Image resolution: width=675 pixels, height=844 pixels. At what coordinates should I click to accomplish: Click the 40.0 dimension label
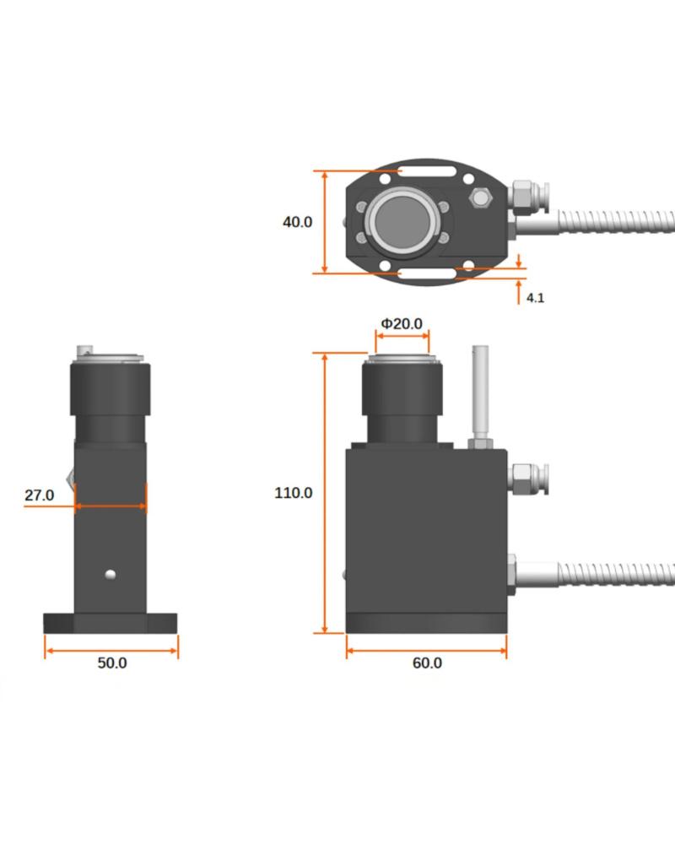(x=297, y=222)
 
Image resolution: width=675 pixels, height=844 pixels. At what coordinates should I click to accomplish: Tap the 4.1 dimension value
(x=535, y=298)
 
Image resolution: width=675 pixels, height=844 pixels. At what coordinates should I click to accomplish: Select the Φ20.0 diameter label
(x=402, y=324)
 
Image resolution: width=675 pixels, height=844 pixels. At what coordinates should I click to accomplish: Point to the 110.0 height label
(x=294, y=493)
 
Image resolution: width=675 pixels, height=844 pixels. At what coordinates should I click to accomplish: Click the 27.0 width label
(x=39, y=495)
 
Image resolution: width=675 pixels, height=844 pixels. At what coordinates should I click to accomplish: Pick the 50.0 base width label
(x=111, y=663)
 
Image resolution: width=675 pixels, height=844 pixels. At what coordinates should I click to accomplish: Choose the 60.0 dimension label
(x=426, y=663)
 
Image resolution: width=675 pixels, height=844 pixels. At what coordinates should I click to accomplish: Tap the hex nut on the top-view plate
(x=482, y=198)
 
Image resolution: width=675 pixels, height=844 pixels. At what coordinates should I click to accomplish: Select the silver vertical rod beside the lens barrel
(x=480, y=392)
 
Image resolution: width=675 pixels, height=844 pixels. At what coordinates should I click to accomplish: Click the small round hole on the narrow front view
(x=110, y=575)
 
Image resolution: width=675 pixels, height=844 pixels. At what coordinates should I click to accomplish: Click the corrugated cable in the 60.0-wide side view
(x=616, y=575)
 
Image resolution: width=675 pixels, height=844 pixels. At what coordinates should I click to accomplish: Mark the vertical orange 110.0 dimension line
(x=325, y=493)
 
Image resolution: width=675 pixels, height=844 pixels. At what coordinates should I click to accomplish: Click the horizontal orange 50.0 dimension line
(x=111, y=650)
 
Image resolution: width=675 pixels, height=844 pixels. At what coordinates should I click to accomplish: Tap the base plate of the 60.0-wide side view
(x=426, y=623)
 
